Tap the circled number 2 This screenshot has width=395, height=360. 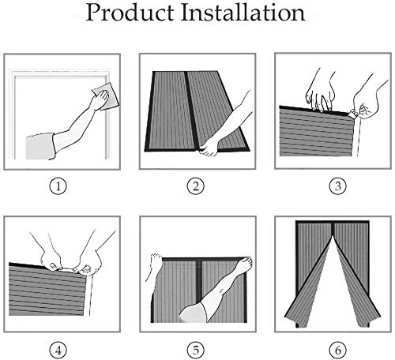196,188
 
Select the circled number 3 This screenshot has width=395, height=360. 330,188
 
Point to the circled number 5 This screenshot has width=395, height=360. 196,349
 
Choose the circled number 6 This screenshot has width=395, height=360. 330,349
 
